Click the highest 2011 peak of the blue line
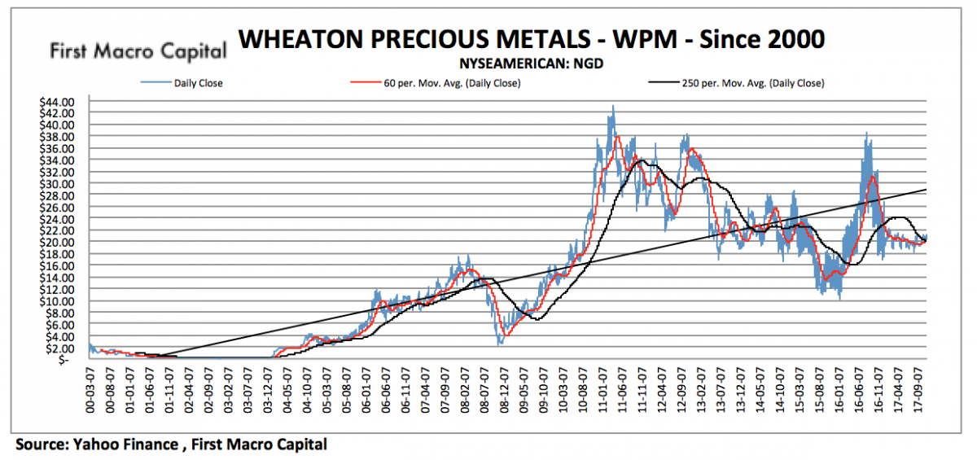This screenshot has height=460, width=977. click(613, 106)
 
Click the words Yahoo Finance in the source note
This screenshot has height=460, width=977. click(135, 445)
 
